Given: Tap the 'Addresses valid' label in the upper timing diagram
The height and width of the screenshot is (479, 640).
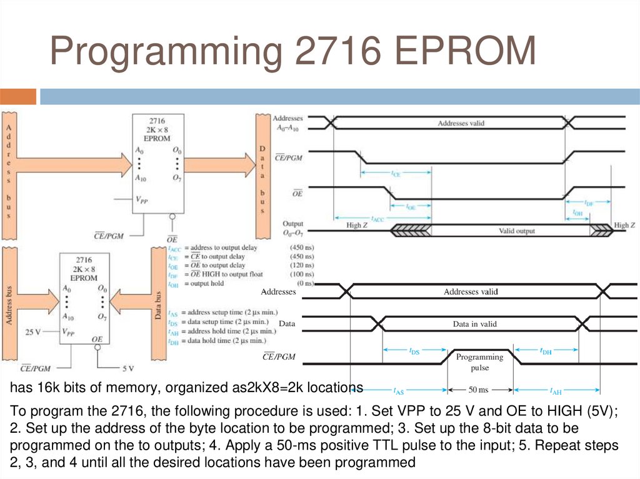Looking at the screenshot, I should point(461,124).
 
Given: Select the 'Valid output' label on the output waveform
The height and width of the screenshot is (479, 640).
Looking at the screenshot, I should point(516,231).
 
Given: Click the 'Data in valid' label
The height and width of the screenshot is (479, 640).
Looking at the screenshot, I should point(474,324).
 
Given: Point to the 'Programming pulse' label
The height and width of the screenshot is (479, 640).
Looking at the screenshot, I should point(479,362).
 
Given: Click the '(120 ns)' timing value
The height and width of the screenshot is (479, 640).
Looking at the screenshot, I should point(301,265).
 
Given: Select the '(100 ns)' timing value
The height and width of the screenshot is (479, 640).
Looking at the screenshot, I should point(301,274).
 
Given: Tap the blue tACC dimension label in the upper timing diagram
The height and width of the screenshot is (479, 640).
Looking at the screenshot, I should point(377,219).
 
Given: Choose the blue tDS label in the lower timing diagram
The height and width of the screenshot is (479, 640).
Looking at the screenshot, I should point(414,352).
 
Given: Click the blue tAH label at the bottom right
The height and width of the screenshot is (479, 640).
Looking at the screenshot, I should point(555,392).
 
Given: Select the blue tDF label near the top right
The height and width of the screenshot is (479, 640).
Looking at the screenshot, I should point(588,203).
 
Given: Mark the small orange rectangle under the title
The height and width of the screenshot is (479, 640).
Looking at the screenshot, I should point(18,97).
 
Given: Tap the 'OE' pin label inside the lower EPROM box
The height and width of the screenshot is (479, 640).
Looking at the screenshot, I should point(97,339).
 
